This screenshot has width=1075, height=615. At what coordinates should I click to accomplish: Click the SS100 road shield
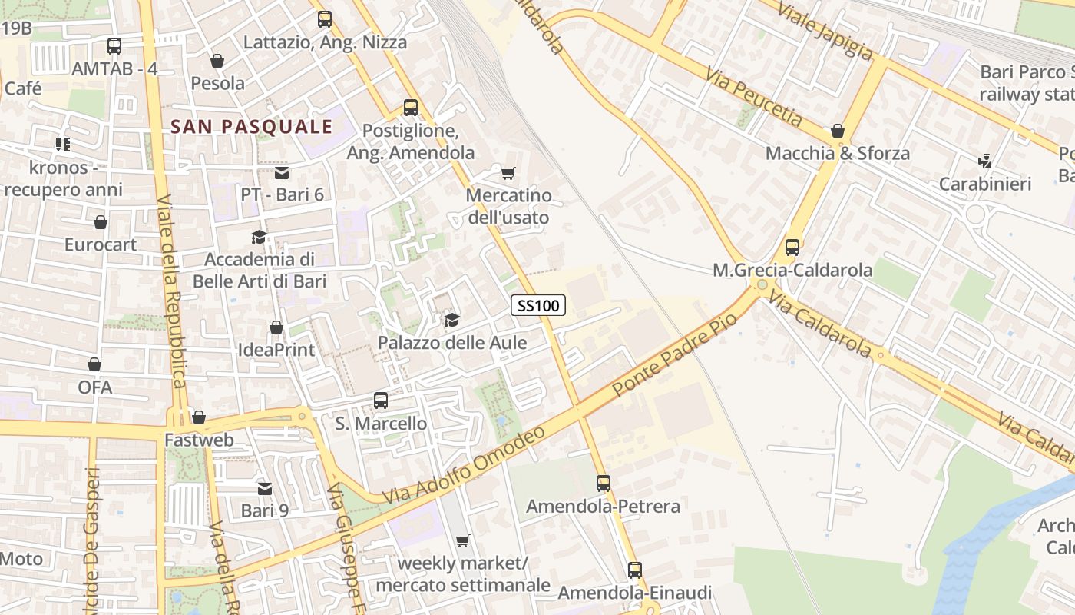coord(537,305)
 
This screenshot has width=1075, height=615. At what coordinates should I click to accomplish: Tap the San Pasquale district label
coord(252,127)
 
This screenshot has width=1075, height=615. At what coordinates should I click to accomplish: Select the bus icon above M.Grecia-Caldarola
coord(792,248)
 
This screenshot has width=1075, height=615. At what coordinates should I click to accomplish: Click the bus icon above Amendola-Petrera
coord(604,484)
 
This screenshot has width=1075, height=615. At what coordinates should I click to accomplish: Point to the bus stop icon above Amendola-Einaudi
coord(634,570)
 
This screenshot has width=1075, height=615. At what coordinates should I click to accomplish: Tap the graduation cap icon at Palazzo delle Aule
coord(451,320)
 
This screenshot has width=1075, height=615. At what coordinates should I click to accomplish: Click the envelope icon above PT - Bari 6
coord(282,173)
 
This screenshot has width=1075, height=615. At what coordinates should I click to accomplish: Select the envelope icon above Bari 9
coord(265,488)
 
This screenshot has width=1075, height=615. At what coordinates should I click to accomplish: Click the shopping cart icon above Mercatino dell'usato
coord(508,173)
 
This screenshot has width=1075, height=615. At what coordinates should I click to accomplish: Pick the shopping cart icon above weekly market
coord(462,541)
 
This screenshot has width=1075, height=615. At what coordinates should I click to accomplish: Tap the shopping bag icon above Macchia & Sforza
coord(838,131)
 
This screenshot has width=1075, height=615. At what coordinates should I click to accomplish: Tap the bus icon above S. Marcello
coord(381,401)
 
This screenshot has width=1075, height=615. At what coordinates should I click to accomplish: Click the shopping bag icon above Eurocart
coord(101,223)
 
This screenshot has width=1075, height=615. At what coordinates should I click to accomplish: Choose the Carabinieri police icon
coord(985,161)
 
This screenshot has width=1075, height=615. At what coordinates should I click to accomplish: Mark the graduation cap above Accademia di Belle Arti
coord(260,237)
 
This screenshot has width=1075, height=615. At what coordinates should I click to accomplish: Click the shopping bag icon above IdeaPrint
coord(276,328)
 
